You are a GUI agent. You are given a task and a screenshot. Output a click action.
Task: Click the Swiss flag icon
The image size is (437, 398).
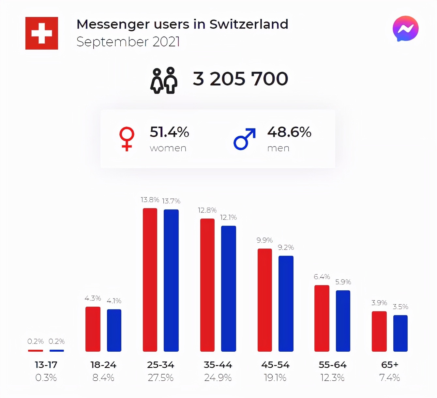[42, 33]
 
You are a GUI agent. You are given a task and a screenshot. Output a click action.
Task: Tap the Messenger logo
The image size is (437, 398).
[405, 29]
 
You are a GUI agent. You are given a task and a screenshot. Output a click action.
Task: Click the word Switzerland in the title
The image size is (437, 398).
[249, 24]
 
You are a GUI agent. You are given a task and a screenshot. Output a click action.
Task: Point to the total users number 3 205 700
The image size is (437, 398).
[240, 79]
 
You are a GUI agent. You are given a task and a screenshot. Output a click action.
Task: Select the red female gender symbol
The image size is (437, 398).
[127, 139]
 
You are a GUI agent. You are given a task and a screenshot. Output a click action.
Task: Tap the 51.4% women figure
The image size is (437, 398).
[169, 132]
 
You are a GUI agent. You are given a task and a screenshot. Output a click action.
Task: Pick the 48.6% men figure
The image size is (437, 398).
[289, 132]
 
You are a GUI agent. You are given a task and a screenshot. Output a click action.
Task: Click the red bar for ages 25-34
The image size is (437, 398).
[150, 280]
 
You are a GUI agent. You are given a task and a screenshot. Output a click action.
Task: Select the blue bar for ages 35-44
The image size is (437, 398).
[228, 288]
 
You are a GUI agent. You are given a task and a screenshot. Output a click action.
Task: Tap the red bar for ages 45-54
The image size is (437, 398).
[265, 300]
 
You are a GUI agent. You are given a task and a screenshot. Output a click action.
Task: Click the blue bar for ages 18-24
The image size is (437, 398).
[114, 330]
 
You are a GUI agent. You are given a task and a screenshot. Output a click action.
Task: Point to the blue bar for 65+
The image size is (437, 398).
[400, 333]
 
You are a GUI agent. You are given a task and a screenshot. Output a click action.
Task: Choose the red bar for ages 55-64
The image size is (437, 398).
[322, 318]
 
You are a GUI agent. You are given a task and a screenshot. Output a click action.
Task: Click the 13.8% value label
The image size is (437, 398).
[150, 200]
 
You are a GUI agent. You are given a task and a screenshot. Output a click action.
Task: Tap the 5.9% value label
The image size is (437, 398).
[343, 282]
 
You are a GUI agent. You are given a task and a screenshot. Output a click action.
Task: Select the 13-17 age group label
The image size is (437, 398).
[46, 365]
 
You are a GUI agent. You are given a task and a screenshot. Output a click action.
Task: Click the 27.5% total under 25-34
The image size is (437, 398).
[160, 378]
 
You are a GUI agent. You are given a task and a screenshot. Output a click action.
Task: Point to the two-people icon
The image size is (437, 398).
[164, 81]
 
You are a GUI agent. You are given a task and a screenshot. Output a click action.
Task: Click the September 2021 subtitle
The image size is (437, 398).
[128, 42]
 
